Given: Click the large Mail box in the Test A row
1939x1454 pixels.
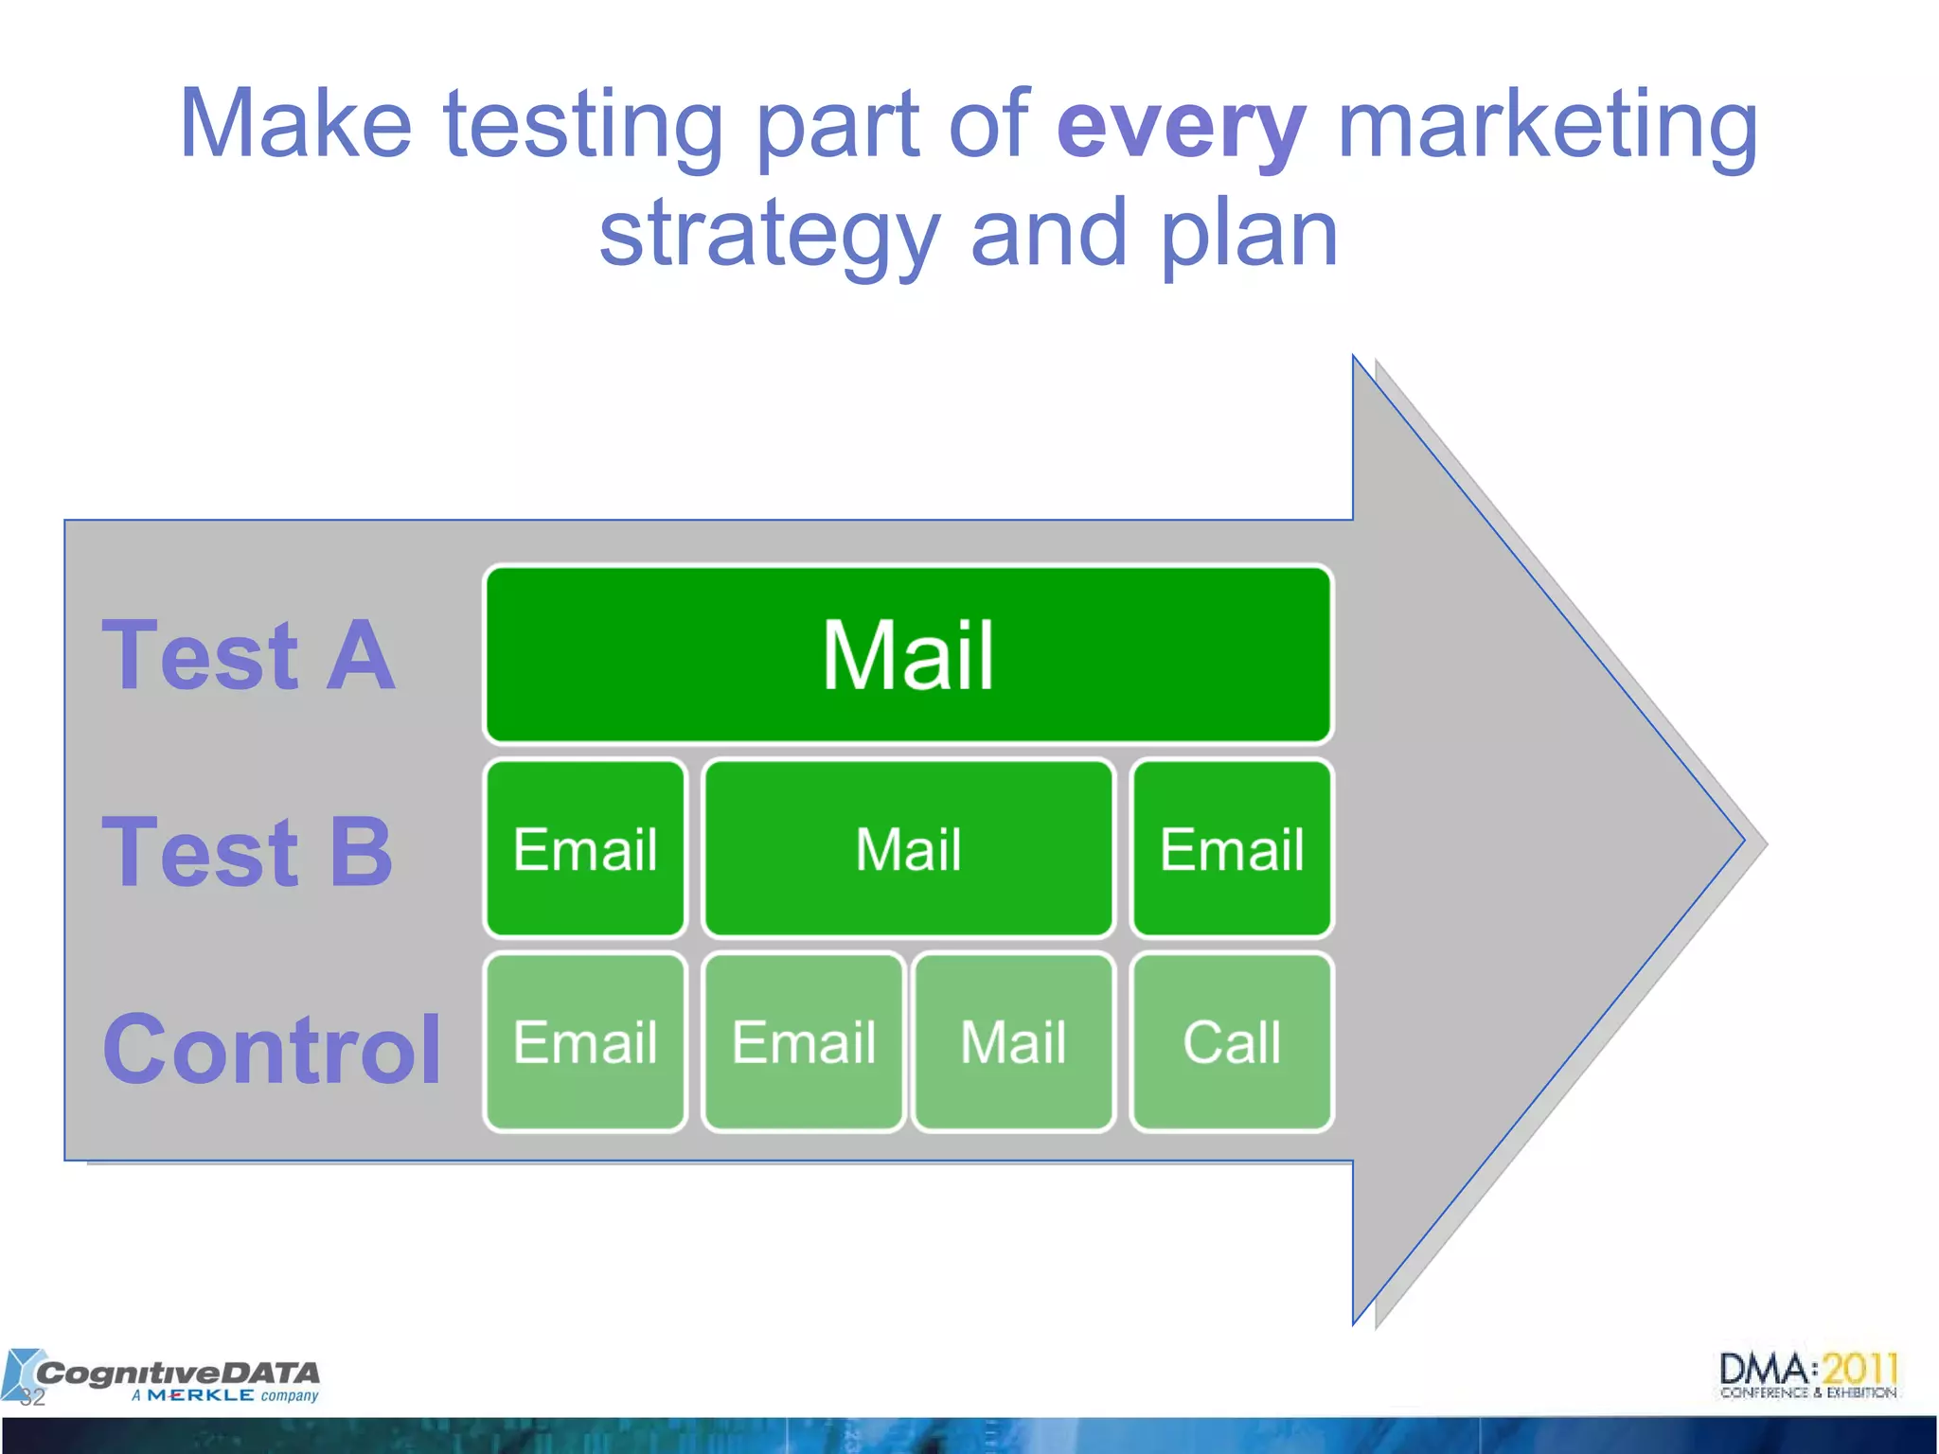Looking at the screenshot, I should [907, 655].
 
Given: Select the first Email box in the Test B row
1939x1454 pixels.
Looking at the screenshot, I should [585, 849].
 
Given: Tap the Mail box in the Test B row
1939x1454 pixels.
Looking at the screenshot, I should [907, 849].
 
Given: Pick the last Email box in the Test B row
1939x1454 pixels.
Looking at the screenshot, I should [1232, 849].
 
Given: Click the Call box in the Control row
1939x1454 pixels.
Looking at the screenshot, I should [1232, 1042].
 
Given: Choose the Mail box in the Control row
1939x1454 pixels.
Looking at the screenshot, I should [1013, 1042].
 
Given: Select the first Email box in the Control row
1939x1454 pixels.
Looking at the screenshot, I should [585, 1042].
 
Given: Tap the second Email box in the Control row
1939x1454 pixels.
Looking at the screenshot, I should [803, 1042].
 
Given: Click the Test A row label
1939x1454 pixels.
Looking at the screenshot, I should [248, 655].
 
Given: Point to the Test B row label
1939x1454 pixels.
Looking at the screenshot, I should [248, 852].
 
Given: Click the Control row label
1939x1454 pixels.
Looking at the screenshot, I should [272, 1049].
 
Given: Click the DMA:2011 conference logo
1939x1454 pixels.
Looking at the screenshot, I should [1808, 1374].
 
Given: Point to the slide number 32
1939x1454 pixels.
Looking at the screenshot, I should [32, 1398].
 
